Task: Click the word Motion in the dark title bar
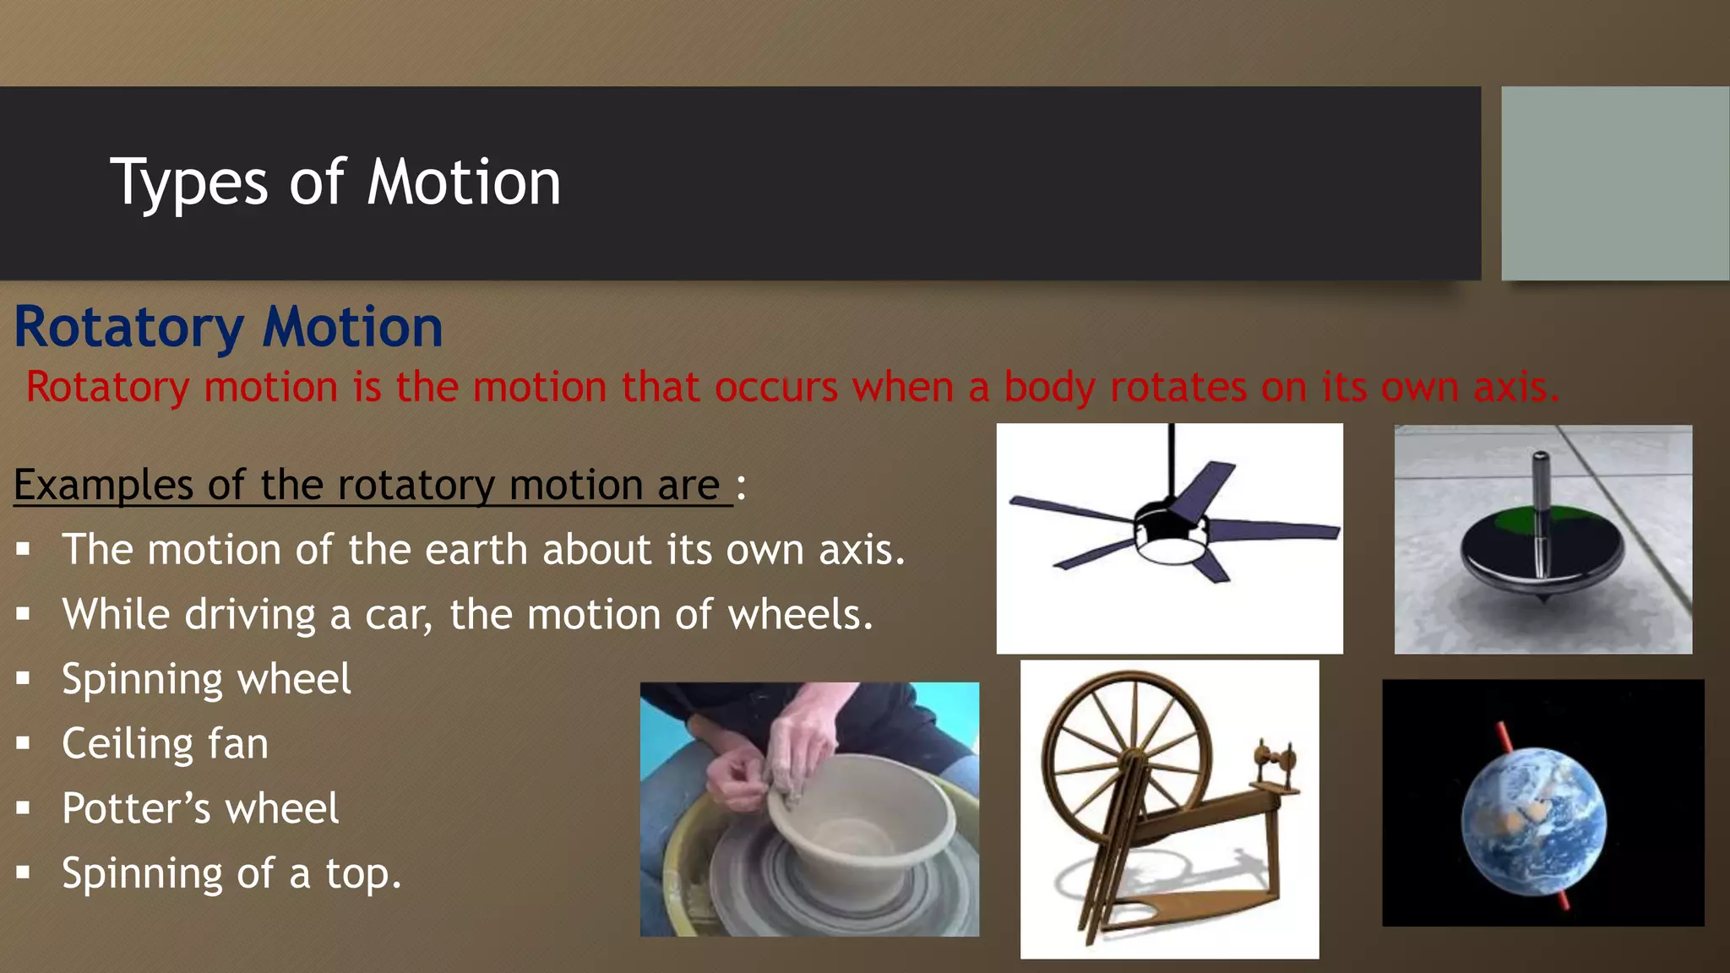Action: pyautogui.click(x=464, y=182)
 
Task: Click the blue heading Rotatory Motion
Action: pyautogui.click(x=228, y=327)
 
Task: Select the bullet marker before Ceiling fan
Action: pyautogui.click(x=23, y=743)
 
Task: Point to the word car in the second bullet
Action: pyautogui.click(x=396, y=615)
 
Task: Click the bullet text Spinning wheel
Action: pyautogui.click(x=206, y=679)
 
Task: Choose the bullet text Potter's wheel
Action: pyautogui.click(x=200, y=808)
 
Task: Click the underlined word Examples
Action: pyautogui.click(x=103, y=486)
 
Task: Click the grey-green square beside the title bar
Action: pyautogui.click(x=1614, y=183)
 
